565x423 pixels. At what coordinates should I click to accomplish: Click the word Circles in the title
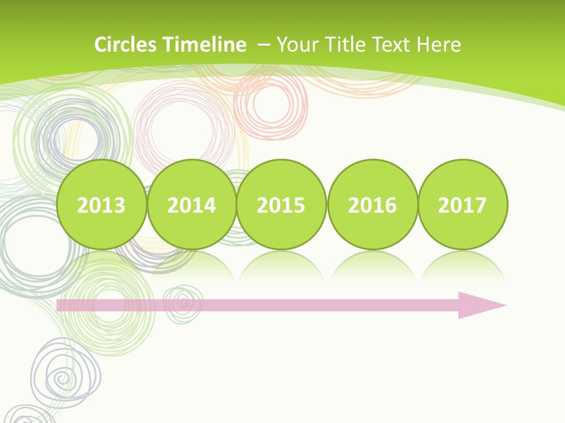(126, 45)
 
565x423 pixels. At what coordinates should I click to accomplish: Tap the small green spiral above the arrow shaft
(183, 303)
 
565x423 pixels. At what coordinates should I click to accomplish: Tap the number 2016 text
(372, 206)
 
